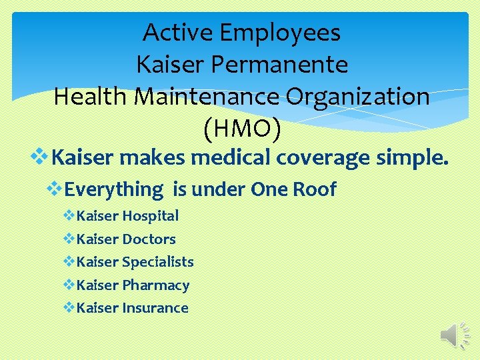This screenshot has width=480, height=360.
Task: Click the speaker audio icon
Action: coord(455,334)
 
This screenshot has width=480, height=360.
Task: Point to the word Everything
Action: coord(114,190)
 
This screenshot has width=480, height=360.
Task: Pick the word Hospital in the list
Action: coord(151,216)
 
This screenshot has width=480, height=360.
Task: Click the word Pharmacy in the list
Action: coord(156,285)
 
